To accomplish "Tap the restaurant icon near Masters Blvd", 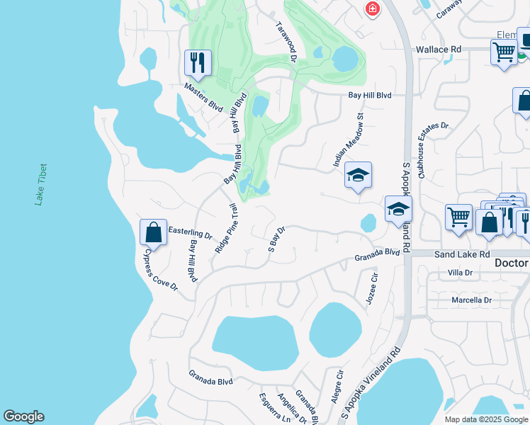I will click(x=198, y=62).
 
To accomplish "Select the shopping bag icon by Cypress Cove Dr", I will click(x=153, y=232).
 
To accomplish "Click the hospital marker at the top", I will click(x=371, y=8).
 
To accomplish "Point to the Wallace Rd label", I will click(x=438, y=50).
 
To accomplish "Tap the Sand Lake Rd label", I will click(x=462, y=254).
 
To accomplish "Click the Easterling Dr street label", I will click(x=191, y=232).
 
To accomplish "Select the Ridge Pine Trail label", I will click(x=227, y=229).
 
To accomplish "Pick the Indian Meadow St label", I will click(x=349, y=140).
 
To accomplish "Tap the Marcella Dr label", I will click(x=471, y=300).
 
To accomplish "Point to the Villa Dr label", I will click(x=460, y=273).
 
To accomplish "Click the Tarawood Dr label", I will click(x=286, y=41).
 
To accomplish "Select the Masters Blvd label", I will click(x=203, y=98).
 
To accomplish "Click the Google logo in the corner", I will click(x=23, y=416).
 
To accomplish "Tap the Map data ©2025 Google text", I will click(x=486, y=419).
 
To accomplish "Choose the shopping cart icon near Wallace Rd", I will click(x=503, y=52).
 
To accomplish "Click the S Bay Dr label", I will click(x=276, y=239).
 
